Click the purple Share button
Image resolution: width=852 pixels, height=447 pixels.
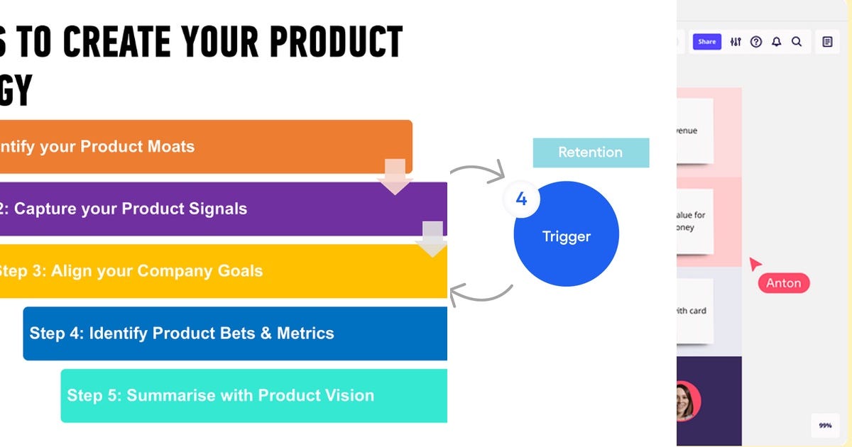706,42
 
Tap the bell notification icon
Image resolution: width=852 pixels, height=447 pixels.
776,42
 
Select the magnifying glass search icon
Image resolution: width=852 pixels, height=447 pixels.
797,42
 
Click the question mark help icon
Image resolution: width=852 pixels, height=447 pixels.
756,42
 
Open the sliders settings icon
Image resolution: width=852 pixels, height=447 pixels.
736,42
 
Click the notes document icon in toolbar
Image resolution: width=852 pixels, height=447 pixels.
827,42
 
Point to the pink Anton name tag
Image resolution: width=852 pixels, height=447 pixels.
784,283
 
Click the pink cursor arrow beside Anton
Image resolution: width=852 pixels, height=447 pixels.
755,264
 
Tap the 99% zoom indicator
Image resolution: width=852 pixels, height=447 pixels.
825,426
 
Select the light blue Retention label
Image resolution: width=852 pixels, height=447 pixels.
590,153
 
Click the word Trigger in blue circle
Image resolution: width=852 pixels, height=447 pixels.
567,236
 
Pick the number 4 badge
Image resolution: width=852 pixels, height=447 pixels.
521,199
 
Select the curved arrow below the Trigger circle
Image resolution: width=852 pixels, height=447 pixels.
481,292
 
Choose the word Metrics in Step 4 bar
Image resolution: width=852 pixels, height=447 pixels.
305,333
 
